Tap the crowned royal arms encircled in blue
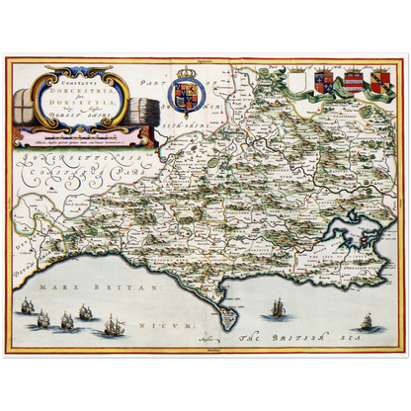click(x=184, y=93)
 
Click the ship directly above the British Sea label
click(x=278, y=307)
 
